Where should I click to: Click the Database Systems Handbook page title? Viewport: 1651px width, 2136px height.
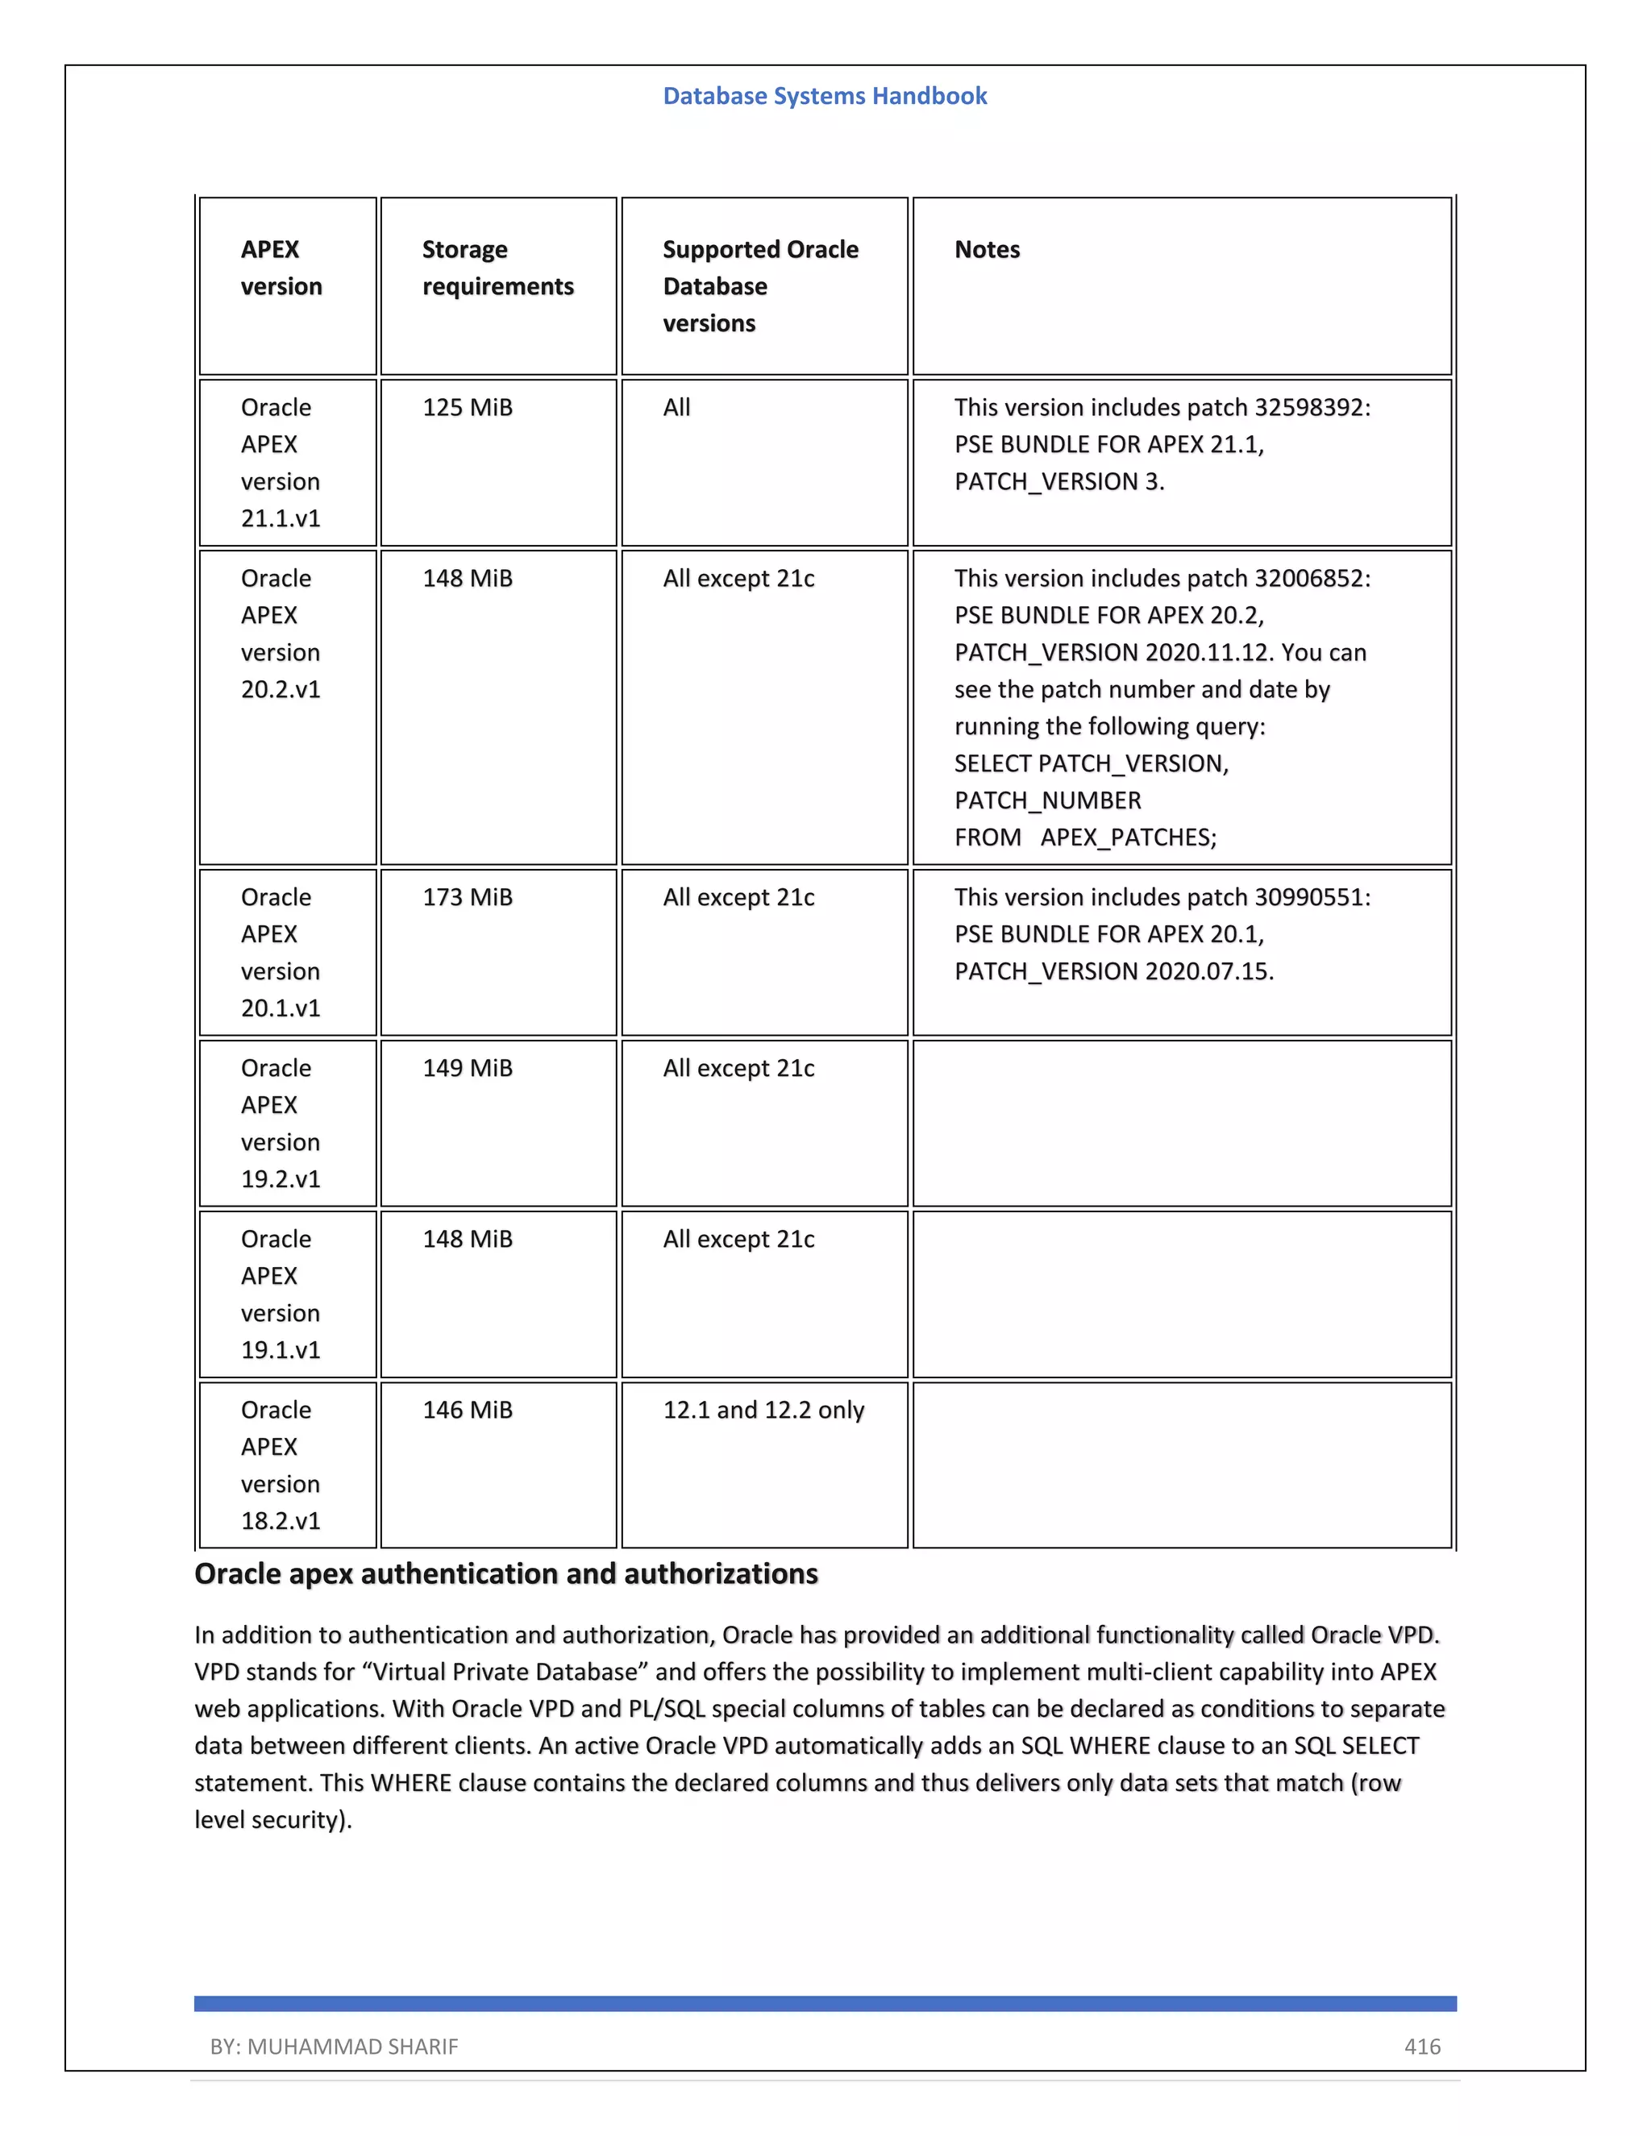[x=825, y=96]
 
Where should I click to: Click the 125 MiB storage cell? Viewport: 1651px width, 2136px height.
[x=467, y=407]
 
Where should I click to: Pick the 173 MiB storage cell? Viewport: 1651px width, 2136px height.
[x=467, y=897]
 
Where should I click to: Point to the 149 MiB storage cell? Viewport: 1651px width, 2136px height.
[x=467, y=1068]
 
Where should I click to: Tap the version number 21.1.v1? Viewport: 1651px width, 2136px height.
[x=281, y=518]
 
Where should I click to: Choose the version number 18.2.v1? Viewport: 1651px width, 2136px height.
[x=281, y=1521]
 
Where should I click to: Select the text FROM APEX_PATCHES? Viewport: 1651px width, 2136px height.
[x=1085, y=837]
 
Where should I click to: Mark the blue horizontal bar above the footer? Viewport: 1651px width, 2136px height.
[x=825, y=2003]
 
